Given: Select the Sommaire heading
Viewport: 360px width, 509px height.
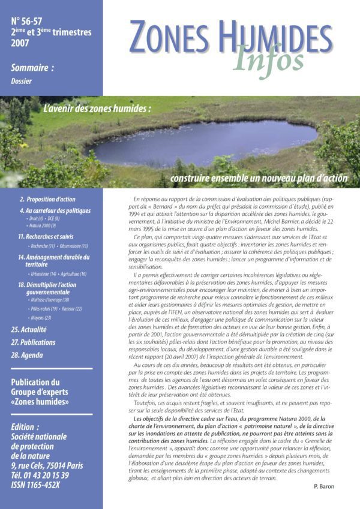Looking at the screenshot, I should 32,68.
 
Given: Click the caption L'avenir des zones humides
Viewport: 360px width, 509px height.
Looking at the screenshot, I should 97,110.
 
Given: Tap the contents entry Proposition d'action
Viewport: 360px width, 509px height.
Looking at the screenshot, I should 47,198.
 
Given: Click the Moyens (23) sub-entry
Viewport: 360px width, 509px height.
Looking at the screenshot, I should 40,318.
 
